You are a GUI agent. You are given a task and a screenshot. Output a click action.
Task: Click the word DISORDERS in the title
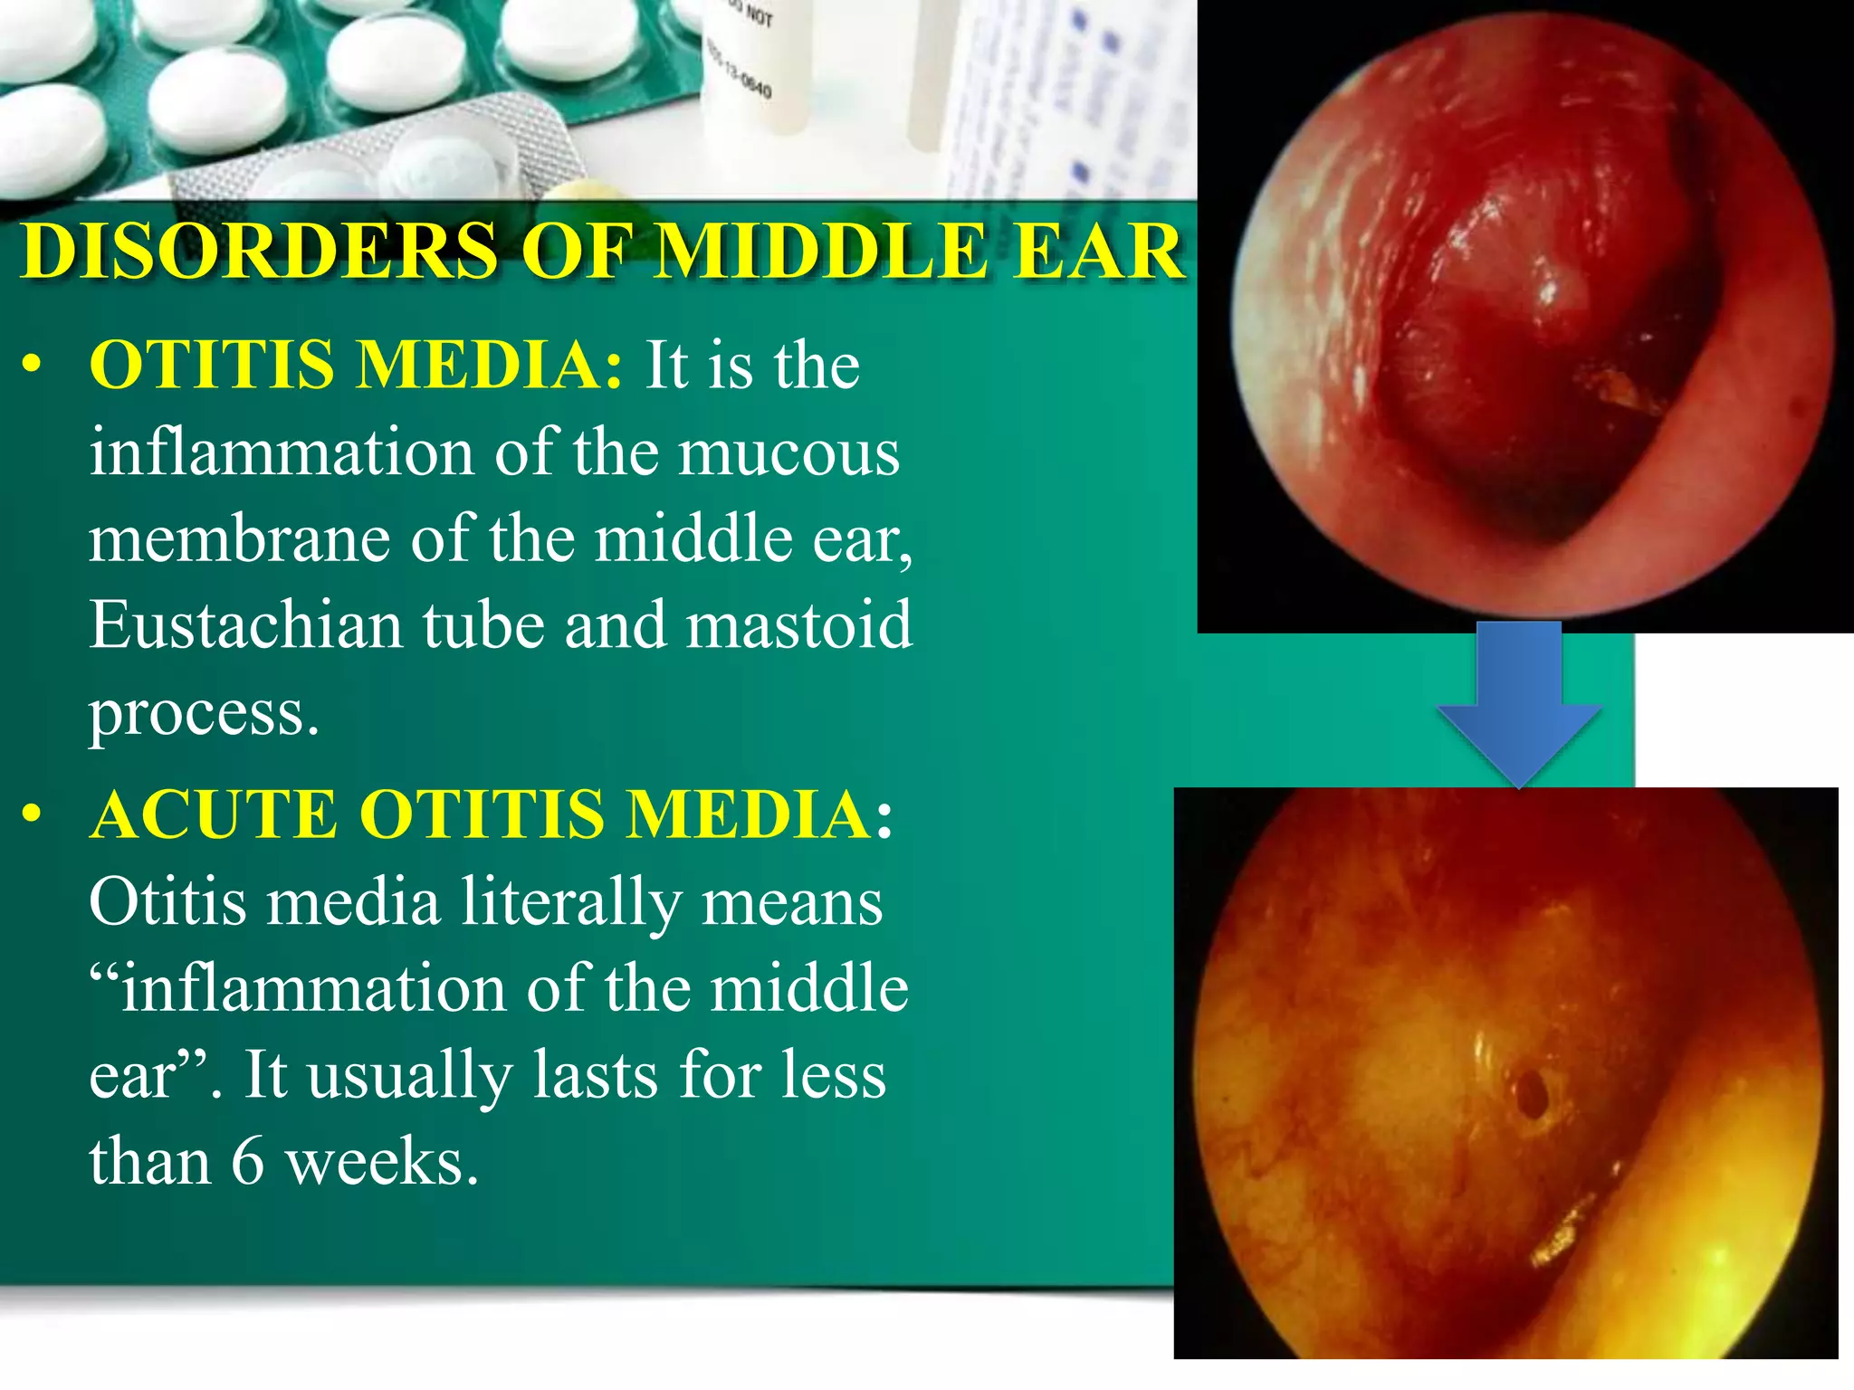259,251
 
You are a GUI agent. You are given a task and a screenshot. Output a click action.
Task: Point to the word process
204,713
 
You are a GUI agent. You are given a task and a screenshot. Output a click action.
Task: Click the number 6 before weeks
247,1162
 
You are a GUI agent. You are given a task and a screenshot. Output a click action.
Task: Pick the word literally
570,902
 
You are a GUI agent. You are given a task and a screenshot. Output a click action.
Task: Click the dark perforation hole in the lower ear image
1530,1092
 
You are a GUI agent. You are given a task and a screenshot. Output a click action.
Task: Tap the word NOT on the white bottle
759,16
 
